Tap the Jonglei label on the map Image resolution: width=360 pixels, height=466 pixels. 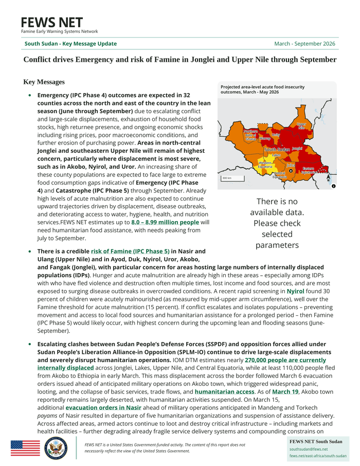coord(297,149)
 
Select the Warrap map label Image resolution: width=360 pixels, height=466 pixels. coord(265,139)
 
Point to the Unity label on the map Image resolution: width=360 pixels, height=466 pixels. coord(276,135)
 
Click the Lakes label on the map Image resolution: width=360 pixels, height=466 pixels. coord(276,155)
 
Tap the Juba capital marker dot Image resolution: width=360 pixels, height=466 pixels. coord(291,171)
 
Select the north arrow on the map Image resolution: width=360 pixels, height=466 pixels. coord(328,178)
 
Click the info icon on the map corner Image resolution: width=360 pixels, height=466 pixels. coord(333,186)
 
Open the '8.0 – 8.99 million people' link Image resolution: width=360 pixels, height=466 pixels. coord(165,222)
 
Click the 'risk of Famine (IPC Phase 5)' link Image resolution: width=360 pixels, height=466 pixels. coord(130,252)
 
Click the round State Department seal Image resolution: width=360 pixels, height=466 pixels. coord(55,449)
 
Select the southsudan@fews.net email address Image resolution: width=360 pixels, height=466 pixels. coord(308,449)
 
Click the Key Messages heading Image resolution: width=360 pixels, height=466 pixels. coord(44,82)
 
